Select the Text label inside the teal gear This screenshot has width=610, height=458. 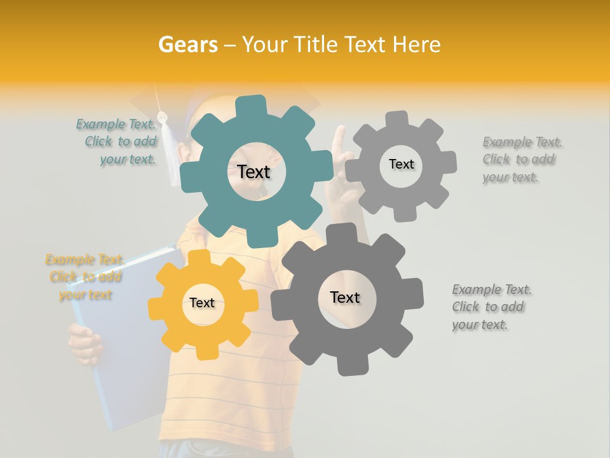point(254,172)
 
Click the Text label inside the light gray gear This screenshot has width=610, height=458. point(401,164)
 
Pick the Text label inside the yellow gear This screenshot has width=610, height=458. point(202,303)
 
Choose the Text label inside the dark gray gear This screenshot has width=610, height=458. point(345,297)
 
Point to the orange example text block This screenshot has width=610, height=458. point(84,277)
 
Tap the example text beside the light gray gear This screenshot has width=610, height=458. point(522,160)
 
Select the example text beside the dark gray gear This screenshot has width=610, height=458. point(491,307)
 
